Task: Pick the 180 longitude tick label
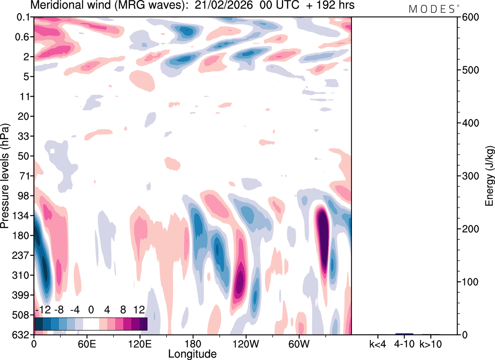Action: (x=193, y=343)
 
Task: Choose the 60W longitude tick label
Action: (x=298, y=343)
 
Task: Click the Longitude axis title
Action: (x=192, y=353)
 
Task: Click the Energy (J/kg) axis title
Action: (x=489, y=176)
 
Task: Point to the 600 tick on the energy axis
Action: (x=468, y=17)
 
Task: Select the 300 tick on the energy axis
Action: (x=468, y=176)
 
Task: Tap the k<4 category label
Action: (x=378, y=343)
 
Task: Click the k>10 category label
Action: (x=430, y=343)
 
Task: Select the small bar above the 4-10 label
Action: (x=404, y=334)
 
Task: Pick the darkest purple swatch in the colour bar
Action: (x=143, y=324)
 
